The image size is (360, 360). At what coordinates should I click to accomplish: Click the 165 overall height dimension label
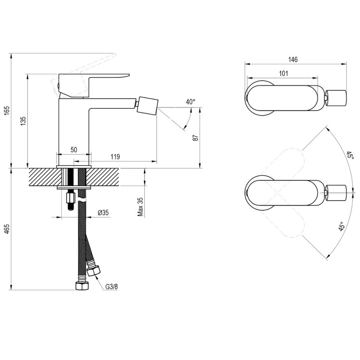[6, 110]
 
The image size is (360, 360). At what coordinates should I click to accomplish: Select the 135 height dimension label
[24, 121]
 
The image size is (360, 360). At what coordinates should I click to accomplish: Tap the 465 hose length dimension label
[6, 229]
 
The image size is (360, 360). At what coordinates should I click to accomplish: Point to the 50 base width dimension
[74, 150]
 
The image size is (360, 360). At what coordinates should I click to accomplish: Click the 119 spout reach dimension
[115, 157]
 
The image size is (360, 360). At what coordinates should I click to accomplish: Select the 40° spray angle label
[191, 102]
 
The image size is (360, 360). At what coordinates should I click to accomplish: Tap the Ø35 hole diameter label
[103, 213]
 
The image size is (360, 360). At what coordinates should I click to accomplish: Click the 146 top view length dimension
[293, 60]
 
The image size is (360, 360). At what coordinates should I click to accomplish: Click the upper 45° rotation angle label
[350, 156]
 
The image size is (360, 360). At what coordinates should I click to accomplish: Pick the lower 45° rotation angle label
[342, 227]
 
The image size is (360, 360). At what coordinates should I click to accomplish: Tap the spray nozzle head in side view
[147, 103]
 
